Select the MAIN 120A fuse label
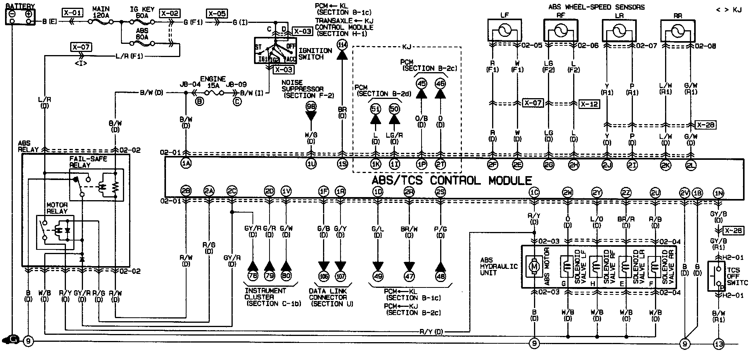(101, 12)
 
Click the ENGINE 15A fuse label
(213, 81)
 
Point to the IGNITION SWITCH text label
(315, 54)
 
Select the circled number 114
(342, 45)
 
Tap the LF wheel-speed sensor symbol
(504, 31)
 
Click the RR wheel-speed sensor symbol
(677, 31)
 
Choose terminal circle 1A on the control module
(186, 164)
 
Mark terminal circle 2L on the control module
(691, 165)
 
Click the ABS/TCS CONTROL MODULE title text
(451, 180)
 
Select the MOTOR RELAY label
(57, 208)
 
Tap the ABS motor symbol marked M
(534, 267)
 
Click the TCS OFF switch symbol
(716, 276)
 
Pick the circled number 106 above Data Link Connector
(323, 276)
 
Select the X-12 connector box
(589, 104)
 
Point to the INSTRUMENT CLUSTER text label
(266, 294)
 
